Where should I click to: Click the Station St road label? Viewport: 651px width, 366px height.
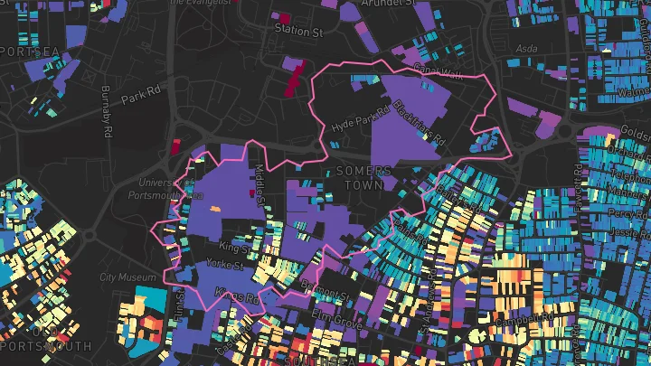[x=298, y=31]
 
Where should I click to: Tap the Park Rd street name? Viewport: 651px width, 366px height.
[x=140, y=94]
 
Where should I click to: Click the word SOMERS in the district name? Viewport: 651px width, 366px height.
[x=363, y=170]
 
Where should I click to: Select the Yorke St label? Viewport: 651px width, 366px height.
[x=225, y=266]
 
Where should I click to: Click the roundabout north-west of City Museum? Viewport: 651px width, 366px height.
[x=89, y=238]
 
